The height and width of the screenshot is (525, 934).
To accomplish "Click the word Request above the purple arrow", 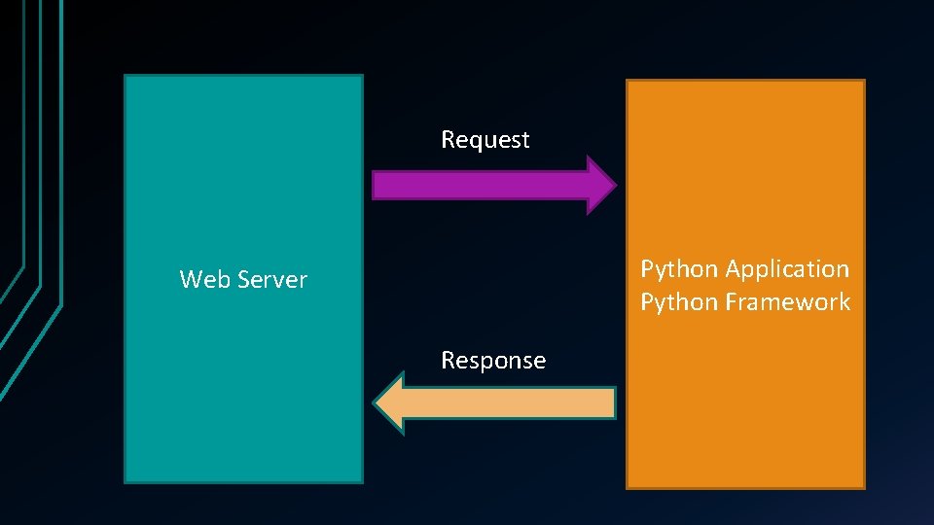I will point(485,140).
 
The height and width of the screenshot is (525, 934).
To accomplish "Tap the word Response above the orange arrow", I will point(493,361).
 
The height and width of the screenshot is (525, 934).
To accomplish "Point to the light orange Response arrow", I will point(506,402).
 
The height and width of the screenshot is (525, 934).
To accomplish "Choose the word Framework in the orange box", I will point(787,302).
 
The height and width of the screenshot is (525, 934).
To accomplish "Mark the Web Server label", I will point(243,280).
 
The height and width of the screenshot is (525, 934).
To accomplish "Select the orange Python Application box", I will point(745,408).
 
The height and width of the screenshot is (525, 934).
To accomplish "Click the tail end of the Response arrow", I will point(612,402).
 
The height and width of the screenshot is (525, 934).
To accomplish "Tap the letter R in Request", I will point(448,140).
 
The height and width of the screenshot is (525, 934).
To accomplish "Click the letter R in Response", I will point(448,361).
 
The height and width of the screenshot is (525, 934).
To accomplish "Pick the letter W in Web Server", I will point(190,280).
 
